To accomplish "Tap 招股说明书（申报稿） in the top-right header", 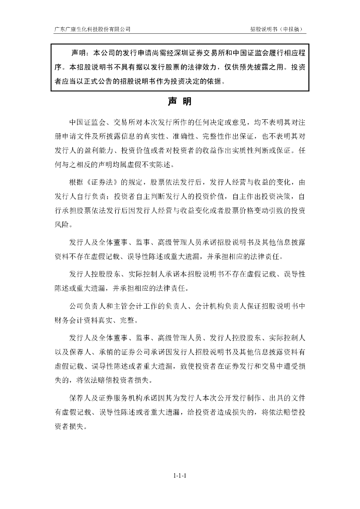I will (x=277, y=29).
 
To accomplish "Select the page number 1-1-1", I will (x=180, y=476).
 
